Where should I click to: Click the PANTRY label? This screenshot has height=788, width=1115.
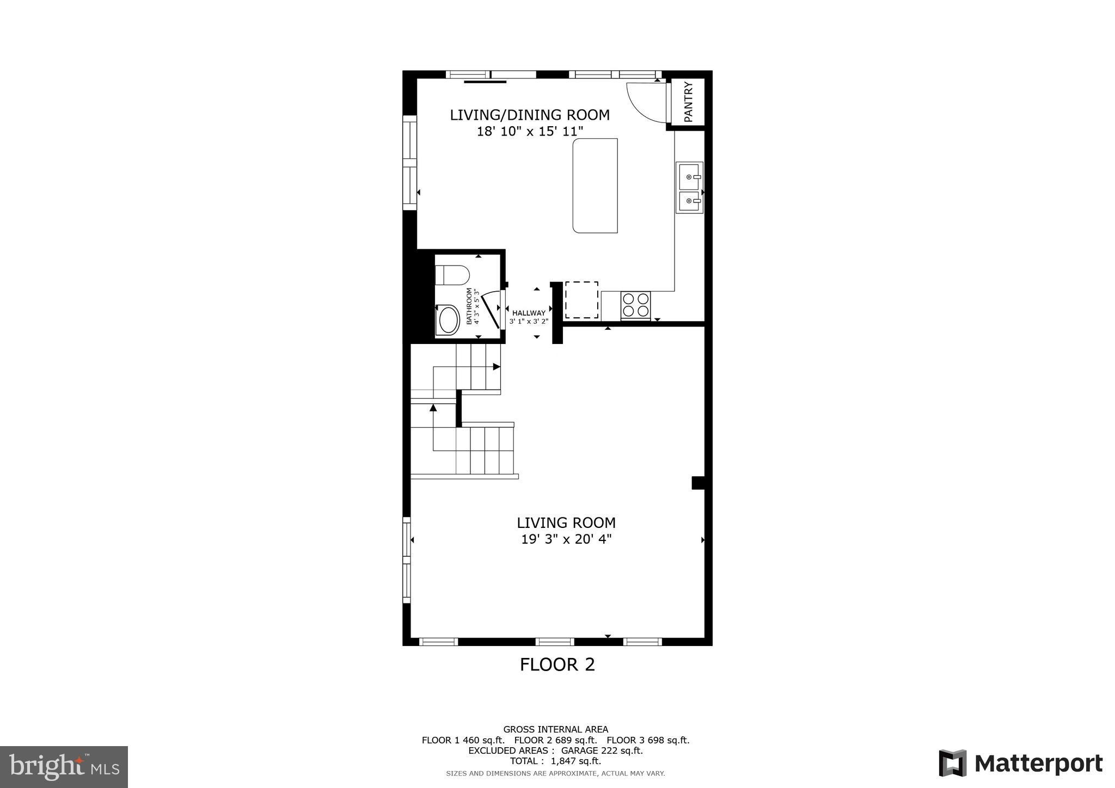pyautogui.click(x=688, y=102)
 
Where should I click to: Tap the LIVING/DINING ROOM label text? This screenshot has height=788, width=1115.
pyautogui.click(x=529, y=115)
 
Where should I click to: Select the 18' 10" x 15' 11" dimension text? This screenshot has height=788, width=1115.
pyautogui.click(x=530, y=132)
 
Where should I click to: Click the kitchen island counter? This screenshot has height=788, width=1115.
pyautogui.click(x=595, y=186)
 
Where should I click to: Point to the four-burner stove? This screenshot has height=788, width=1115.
pyautogui.click(x=635, y=305)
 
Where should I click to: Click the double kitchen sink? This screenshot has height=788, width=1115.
pyautogui.click(x=689, y=187)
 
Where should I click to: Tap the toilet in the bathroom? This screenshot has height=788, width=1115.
pyautogui.click(x=452, y=275)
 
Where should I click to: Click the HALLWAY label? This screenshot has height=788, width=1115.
pyautogui.click(x=529, y=313)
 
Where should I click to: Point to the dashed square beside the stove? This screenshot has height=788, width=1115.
pyautogui.click(x=581, y=300)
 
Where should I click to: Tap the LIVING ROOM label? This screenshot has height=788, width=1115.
pyautogui.click(x=566, y=522)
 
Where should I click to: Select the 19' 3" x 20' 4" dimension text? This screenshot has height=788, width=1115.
pyautogui.click(x=566, y=539)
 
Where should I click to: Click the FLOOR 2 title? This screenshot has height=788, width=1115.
pyautogui.click(x=557, y=664)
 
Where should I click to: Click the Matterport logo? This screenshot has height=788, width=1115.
pyautogui.click(x=1020, y=764)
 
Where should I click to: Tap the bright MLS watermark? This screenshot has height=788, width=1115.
pyautogui.click(x=64, y=767)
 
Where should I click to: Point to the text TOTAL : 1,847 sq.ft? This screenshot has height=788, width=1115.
pyautogui.click(x=555, y=761)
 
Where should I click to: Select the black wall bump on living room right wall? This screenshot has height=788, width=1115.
pyautogui.click(x=697, y=483)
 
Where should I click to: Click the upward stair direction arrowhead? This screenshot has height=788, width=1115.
pyautogui.click(x=433, y=407)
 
